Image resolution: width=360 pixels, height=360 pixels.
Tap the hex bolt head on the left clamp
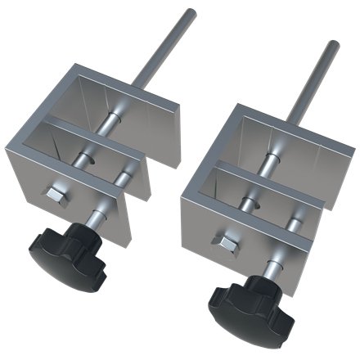[x=56, y=195]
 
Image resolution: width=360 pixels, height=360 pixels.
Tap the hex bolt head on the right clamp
[x=222, y=241]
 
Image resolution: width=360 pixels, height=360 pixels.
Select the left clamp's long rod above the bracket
[x=167, y=50]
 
